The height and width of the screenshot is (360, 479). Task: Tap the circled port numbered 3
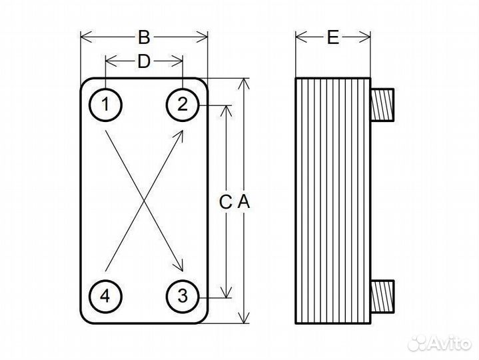tap(183, 294)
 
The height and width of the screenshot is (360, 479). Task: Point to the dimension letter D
tap(143, 62)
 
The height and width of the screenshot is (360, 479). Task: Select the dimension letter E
tap(333, 37)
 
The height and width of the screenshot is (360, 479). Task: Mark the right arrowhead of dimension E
tap(366, 38)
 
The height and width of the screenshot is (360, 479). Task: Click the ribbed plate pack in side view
tap(332, 200)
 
